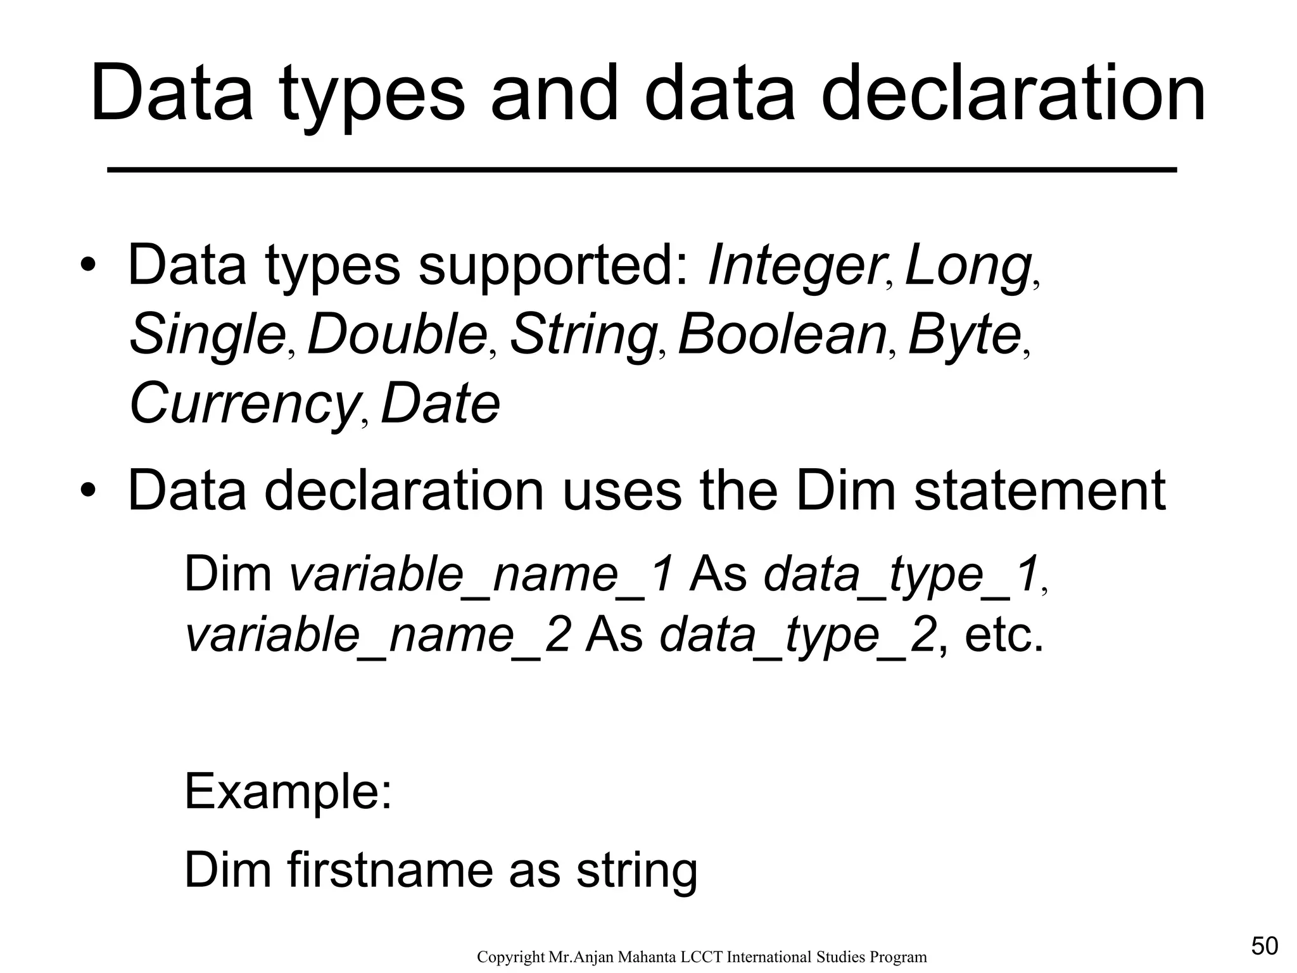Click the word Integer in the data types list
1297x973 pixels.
[795, 266]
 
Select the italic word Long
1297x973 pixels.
[968, 266]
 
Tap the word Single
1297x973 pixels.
[208, 335]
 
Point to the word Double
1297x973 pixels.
[396, 335]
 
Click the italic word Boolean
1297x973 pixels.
[781, 335]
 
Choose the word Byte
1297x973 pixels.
[964, 335]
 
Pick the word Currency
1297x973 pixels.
[243, 404]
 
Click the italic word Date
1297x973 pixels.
[440, 404]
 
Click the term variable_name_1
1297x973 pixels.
[481, 574]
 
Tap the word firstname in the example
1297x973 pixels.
[389, 870]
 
